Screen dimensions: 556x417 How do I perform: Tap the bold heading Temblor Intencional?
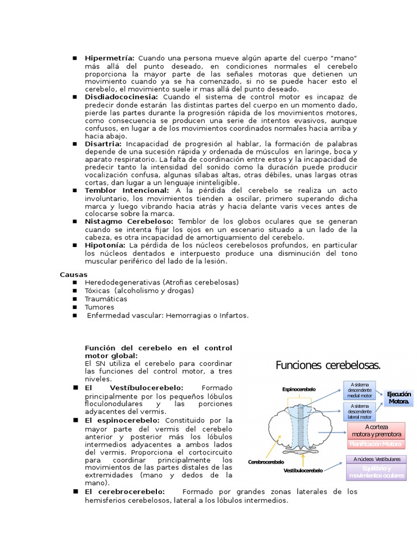pyautogui.click(x=127, y=191)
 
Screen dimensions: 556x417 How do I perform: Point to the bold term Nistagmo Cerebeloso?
pyautogui.click(x=129, y=222)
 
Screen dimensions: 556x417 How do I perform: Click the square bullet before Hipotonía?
pyautogui.click(x=74, y=245)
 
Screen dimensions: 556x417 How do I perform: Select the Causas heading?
pyautogui.click(x=73, y=275)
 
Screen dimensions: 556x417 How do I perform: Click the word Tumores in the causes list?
pyautogui.click(x=99, y=307)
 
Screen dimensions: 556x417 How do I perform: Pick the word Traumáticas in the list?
pyautogui.click(x=106, y=299)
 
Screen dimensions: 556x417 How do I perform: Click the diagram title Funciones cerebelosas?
pyautogui.click(x=328, y=365)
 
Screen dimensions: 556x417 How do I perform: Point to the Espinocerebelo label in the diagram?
pyautogui.click(x=299, y=389)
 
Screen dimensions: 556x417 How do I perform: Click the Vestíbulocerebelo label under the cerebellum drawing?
pyautogui.click(x=303, y=470)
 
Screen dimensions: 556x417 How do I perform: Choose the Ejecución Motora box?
pyautogui.click(x=400, y=397)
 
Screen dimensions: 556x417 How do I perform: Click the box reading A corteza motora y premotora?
pyautogui.click(x=376, y=431)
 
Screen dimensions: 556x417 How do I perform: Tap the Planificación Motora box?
pyautogui.click(x=376, y=444)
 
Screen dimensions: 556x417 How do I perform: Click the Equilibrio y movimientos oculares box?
pyautogui.click(x=376, y=472)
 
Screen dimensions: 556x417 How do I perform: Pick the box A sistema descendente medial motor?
pyautogui.click(x=361, y=390)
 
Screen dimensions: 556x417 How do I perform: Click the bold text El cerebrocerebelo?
pyautogui.click(x=125, y=492)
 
